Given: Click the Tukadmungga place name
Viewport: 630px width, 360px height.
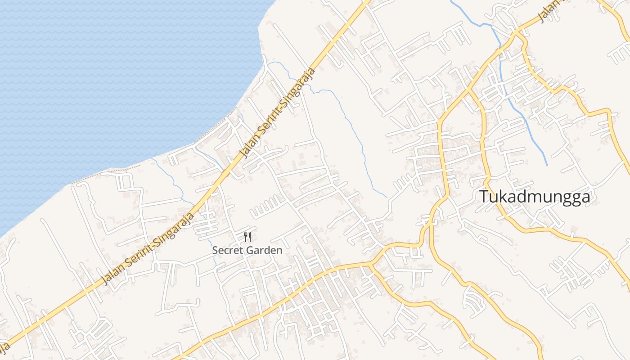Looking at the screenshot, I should pyautogui.click(x=534, y=197).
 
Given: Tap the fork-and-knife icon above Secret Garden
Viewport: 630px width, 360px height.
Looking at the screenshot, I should pyautogui.click(x=247, y=237).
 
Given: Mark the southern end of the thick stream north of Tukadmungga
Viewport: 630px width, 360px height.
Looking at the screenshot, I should pyautogui.click(x=547, y=165).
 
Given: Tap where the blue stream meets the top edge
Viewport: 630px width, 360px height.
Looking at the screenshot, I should pyautogui.click(x=451, y=1).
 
